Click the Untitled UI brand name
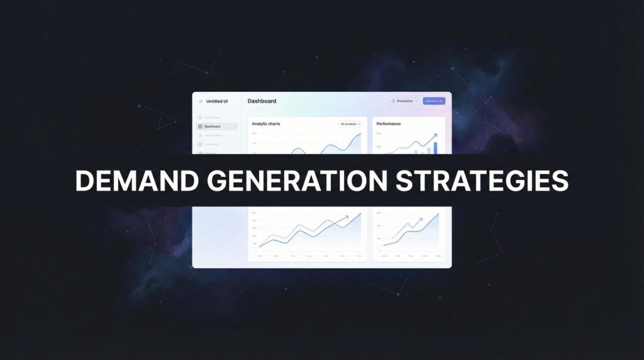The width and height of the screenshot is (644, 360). (x=217, y=101)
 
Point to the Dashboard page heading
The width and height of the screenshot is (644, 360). (x=262, y=101)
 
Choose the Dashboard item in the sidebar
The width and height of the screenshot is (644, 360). (x=213, y=127)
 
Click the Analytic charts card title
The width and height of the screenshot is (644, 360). (x=266, y=124)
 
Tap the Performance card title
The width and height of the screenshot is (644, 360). (x=389, y=124)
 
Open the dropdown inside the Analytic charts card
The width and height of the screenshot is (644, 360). (x=351, y=124)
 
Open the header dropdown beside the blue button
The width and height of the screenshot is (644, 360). (x=404, y=101)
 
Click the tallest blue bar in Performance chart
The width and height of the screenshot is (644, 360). (x=435, y=147)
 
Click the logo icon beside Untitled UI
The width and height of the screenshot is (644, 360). (x=201, y=101)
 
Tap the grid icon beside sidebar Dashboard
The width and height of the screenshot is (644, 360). (x=200, y=127)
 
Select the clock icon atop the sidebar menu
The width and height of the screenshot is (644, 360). (x=200, y=118)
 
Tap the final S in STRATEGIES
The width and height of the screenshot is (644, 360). (x=559, y=181)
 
